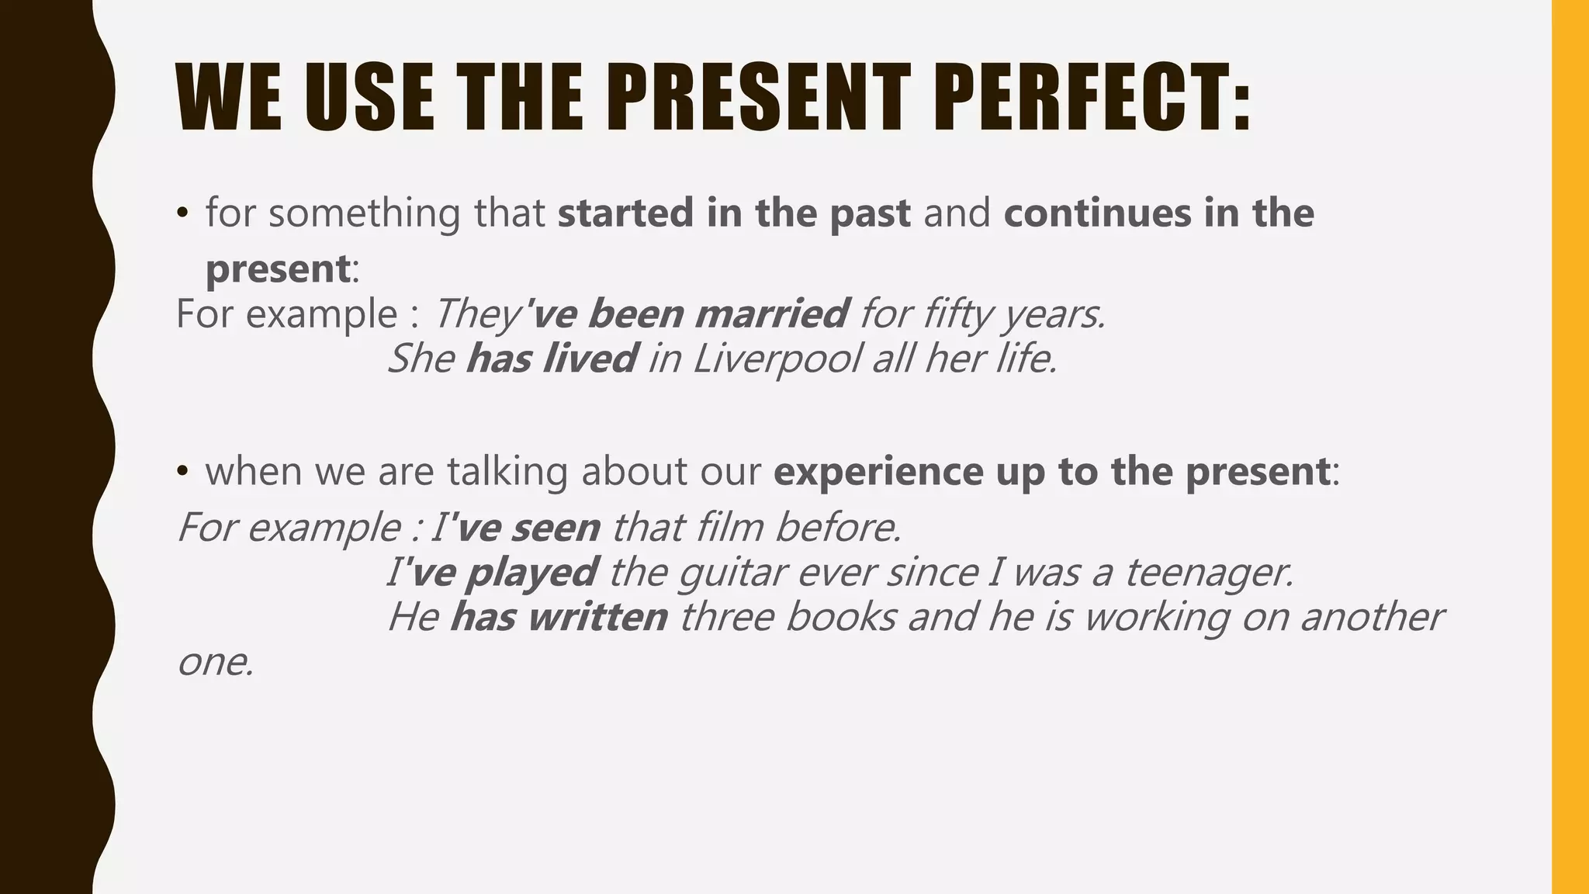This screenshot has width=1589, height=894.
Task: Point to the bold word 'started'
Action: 625,213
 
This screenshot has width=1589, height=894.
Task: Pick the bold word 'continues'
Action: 1097,213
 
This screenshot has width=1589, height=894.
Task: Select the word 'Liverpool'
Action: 777,359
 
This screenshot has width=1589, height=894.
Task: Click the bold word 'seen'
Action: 556,528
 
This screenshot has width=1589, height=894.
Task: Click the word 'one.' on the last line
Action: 216,663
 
